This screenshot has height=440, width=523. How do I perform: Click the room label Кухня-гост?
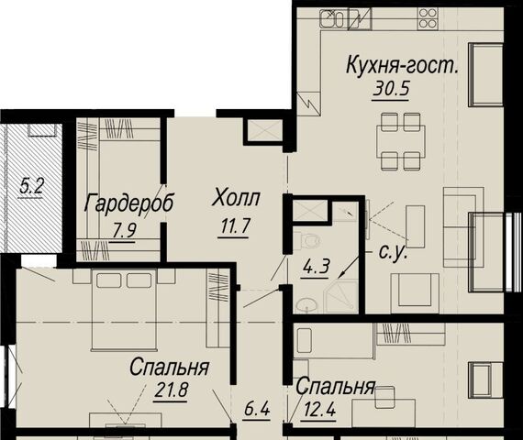pyautogui.click(x=403, y=65)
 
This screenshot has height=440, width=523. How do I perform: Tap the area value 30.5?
pyautogui.click(x=391, y=89)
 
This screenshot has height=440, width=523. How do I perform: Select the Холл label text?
pyautogui.click(x=236, y=198)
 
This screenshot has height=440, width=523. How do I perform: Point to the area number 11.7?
pyautogui.click(x=235, y=227)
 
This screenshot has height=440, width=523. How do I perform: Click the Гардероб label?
pyautogui.click(x=128, y=203)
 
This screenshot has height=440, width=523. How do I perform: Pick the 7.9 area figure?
pyautogui.click(x=124, y=230)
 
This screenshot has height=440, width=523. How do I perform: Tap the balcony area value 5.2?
pyautogui.click(x=31, y=187)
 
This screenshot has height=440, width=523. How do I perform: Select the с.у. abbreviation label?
pyautogui.click(x=393, y=252)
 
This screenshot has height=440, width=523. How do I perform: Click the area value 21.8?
pyautogui.click(x=171, y=390)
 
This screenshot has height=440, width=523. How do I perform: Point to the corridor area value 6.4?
pyautogui.click(x=256, y=410)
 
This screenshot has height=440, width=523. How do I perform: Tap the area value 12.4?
pyautogui.click(x=319, y=410)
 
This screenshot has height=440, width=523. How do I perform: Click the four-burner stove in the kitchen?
pyautogui.click(x=428, y=18)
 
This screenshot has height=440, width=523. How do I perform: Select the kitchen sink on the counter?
pyautogui.click(x=332, y=18)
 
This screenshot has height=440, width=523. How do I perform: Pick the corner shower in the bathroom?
pyautogui.click(x=341, y=297)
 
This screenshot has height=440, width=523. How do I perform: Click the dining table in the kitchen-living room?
pyautogui.click(x=401, y=140)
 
